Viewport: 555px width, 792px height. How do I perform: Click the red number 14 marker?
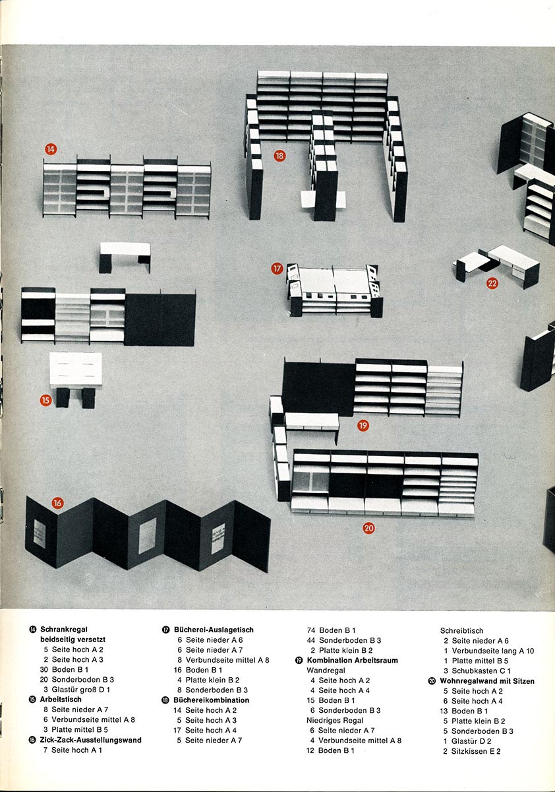click(51, 149)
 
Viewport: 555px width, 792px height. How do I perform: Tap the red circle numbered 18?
click(279, 156)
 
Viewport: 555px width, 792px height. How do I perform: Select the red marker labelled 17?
click(277, 269)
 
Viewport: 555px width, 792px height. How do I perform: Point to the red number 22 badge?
click(492, 283)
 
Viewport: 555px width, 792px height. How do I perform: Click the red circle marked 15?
click(45, 400)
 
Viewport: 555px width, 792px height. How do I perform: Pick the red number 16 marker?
click(57, 503)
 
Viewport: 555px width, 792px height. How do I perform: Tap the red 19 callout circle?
click(363, 425)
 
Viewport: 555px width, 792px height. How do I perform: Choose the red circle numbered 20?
click(368, 528)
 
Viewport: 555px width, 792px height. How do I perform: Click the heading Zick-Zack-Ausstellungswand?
click(91, 740)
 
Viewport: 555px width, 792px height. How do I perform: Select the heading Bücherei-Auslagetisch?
click(214, 630)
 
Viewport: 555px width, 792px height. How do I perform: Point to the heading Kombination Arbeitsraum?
click(353, 660)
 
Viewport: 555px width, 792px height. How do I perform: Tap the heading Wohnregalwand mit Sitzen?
click(487, 681)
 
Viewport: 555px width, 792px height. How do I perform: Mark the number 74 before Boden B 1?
click(311, 630)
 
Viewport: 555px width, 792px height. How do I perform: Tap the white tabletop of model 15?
click(76, 369)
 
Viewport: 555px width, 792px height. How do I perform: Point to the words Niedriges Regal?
click(335, 720)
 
